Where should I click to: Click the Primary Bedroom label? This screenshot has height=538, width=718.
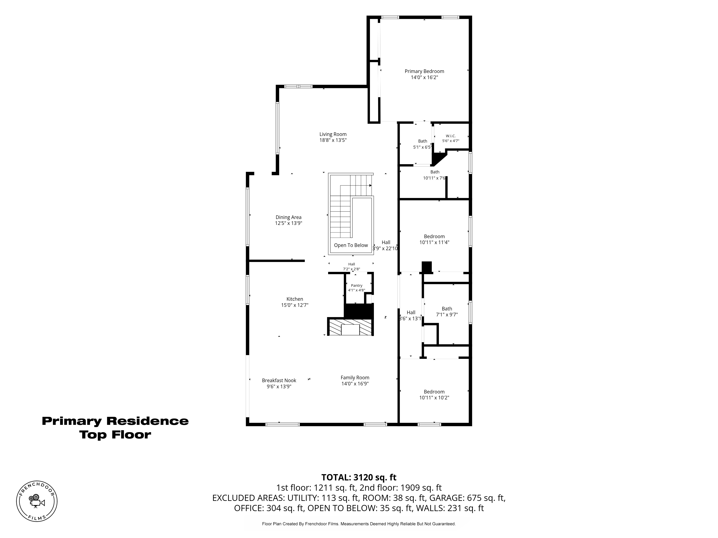[424, 71]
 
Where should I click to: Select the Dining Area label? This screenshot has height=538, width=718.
[289, 217]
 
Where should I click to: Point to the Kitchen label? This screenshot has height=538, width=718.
[295, 299]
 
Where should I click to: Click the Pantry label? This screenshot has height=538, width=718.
[356, 285]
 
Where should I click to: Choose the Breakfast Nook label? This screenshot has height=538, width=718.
[279, 380]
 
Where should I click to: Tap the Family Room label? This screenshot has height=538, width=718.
[355, 377]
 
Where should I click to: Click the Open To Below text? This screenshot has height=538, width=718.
[351, 245]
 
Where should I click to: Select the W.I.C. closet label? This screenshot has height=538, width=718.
[451, 136]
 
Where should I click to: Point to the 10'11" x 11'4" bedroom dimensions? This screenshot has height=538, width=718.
[434, 242]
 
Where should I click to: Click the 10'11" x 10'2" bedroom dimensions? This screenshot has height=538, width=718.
[434, 398]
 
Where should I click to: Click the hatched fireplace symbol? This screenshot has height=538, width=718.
[350, 327]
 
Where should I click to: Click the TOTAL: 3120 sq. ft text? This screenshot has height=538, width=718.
[359, 477]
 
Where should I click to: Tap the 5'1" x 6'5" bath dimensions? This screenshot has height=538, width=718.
[423, 147]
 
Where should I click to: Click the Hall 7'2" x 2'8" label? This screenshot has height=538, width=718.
[351, 266]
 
